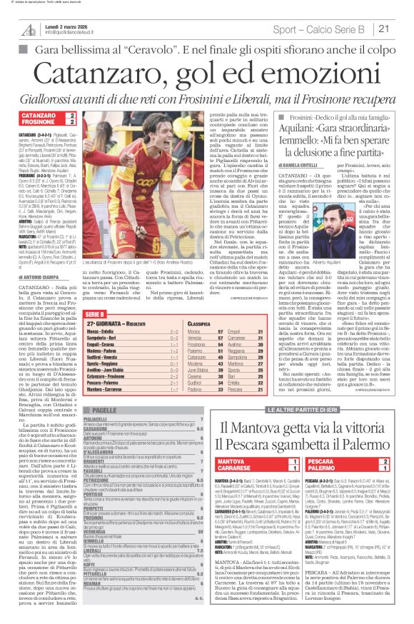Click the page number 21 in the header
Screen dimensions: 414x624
pos(401,29)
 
